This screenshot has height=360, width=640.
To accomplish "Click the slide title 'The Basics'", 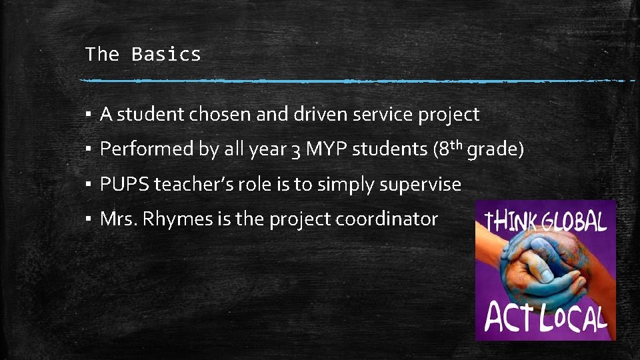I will (143, 54).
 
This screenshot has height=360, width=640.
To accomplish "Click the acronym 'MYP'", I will (326, 149).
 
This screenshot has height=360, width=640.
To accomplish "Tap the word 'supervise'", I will (420, 185).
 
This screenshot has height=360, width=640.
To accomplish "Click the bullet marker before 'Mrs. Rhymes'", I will (88, 219).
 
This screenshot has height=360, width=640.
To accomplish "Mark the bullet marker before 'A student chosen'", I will (88, 115).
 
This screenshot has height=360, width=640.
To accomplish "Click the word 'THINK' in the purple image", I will (511, 220).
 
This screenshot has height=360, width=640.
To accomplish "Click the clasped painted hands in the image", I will (543, 267).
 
